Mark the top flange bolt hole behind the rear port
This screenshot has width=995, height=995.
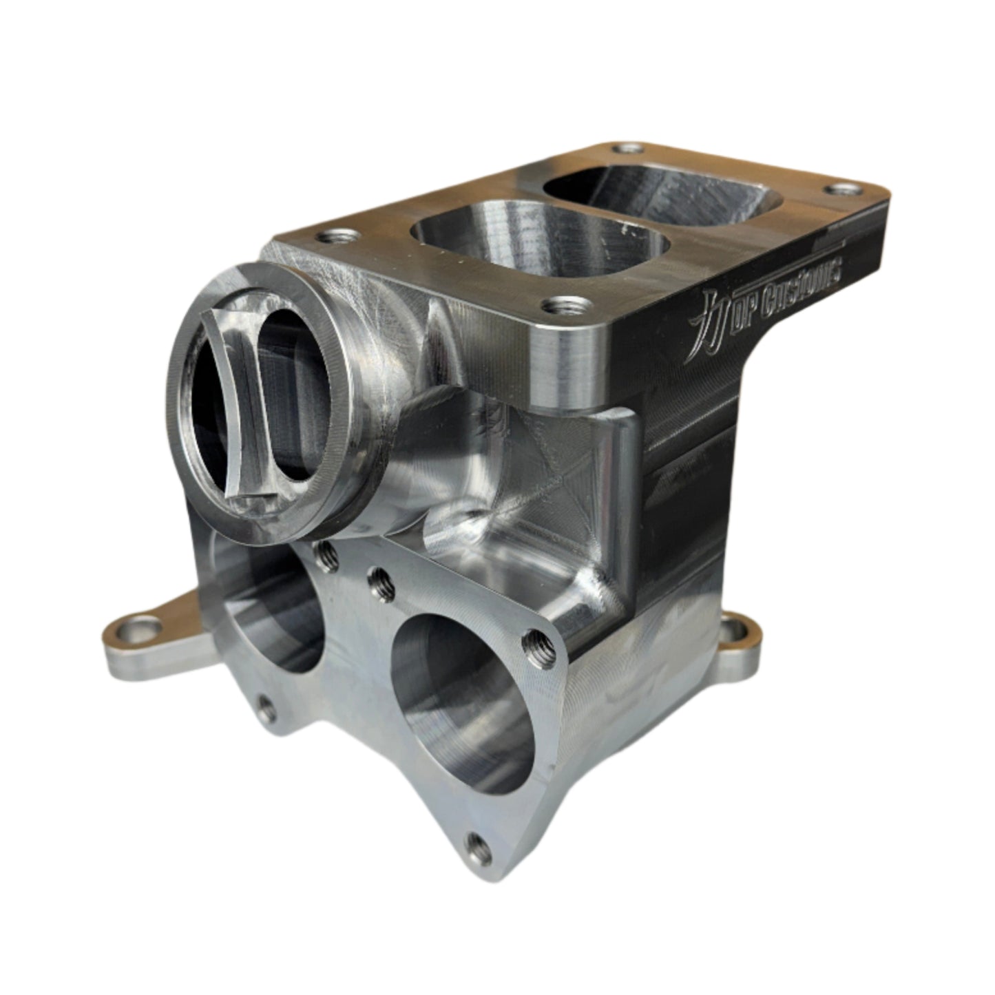coord(627,148)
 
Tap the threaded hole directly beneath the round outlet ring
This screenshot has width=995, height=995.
coord(325,556)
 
